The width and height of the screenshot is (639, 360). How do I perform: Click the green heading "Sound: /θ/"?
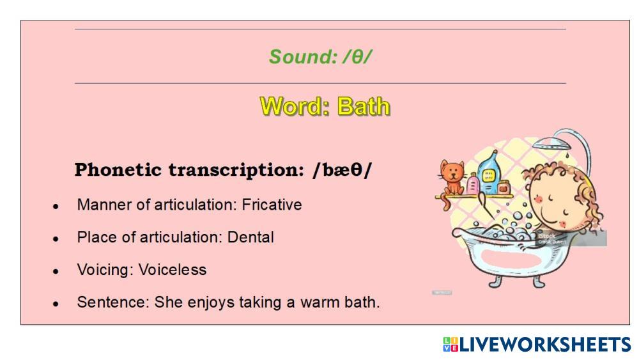pyautogui.click(x=320, y=57)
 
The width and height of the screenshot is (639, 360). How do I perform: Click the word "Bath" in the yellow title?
pyautogui.click(x=364, y=107)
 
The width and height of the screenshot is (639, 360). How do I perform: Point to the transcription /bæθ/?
pyautogui.click(x=343, y=170)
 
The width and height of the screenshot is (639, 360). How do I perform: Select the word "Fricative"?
pyautogui.click(x=272, y=205)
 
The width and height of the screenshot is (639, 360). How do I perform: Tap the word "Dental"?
pyautogui.click(x=250, y=237)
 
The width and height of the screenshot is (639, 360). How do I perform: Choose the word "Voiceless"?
pyautogui.click(x=173, y=270)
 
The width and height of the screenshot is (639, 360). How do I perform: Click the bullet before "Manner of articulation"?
pyautogui.click(x=56, y=207)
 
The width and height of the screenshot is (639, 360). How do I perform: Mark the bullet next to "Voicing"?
pyautogui.click(x=56, y=272)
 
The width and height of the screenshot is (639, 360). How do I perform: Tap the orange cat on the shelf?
pyautogui.click(x=452, y=178)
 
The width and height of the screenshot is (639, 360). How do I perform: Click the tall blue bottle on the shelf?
pyautogui.click(x=489, y=173)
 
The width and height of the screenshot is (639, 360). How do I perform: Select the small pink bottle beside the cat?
pyautogui.click(x=473, y=184)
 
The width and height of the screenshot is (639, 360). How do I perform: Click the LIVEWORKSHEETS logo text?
pyautogui.click(x=545, y=345)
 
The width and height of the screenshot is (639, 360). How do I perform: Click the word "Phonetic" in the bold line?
pyautogui.click(x=118, y=170)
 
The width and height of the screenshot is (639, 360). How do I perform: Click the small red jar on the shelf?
pyautogui.click(x=504, y=187)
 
